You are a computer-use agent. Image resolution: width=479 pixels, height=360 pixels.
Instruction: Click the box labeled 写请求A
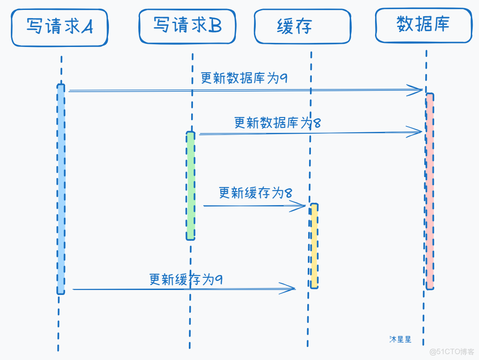point(59,28)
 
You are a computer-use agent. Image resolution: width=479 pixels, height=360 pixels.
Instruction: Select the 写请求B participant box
point(187,26)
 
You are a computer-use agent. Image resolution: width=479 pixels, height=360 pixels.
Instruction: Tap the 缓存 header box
point(302,27)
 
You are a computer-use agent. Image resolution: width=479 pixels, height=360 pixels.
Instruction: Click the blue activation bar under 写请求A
point(61,190)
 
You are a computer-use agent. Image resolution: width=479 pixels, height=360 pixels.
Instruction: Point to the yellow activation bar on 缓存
point(314,246)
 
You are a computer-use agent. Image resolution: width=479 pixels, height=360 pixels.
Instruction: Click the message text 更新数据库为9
point(244,78)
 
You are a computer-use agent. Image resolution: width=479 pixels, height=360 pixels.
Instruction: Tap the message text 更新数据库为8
point(277,122)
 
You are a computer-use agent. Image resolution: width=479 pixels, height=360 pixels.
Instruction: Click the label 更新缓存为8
point(255,193)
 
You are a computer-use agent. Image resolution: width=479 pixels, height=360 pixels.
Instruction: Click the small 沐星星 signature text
point(400,340)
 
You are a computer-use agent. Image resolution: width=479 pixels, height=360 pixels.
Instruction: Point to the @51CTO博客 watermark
point(451,351)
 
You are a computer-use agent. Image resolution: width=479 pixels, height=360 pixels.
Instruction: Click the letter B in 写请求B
point(215,26)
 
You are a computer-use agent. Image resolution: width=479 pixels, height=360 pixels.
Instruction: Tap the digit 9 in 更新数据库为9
point(284,78)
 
